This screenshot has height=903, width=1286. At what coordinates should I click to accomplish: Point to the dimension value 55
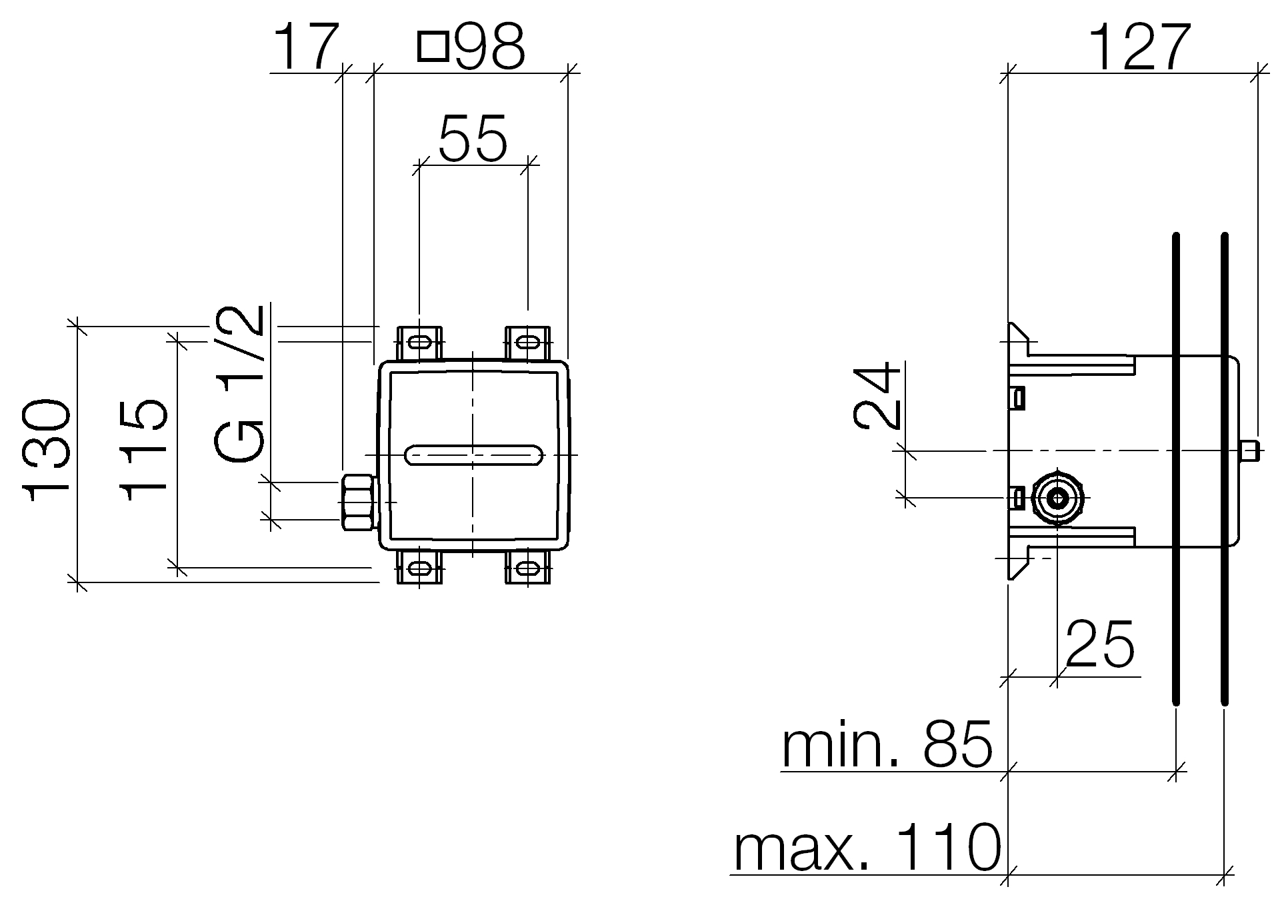473,139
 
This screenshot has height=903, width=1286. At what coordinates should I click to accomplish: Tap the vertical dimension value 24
877,395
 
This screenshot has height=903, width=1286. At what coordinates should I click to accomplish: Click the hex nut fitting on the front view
359,502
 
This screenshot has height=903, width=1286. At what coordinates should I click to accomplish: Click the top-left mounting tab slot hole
419,343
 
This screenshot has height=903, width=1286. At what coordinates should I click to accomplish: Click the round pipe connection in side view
1057,498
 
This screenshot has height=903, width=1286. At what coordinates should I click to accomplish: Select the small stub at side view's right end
1251,451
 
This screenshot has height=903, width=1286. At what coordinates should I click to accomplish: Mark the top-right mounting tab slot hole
528,343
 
